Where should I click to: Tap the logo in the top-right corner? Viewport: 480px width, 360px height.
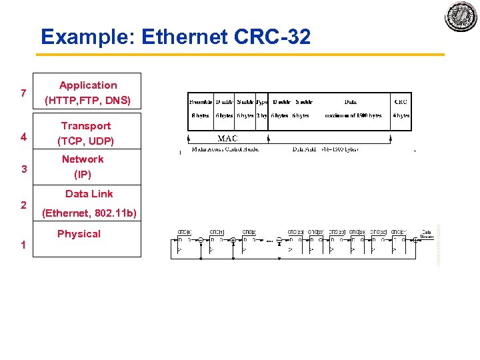pos(461,16)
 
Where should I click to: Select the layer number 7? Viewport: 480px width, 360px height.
pos(23,93)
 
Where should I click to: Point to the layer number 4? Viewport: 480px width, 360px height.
pos(23,137)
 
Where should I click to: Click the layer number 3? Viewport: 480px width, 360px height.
pos(23,169)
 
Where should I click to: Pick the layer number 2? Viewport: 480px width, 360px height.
pos(23,205)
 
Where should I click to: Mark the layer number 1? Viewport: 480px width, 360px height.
pos(23,245)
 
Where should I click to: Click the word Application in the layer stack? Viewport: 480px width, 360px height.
pos(88,85)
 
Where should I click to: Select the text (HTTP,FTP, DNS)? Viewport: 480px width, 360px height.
pos(88,101)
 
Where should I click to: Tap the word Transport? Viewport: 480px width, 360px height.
pos(86,126)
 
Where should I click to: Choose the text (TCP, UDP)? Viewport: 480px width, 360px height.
pos(86,141)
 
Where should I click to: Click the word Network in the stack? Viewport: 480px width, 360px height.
pos(83,159)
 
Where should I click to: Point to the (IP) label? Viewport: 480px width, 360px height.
pos(83,175)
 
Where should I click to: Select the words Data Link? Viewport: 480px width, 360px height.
pos(89,194)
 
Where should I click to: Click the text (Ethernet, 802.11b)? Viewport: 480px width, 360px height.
pos(89,213)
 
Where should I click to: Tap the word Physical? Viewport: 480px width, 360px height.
pos(79,234)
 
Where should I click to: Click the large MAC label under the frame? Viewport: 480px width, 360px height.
pos(227,139)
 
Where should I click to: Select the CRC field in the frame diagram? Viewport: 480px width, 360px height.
pos(401,101)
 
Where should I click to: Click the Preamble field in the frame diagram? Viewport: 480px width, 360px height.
pos(200,101)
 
